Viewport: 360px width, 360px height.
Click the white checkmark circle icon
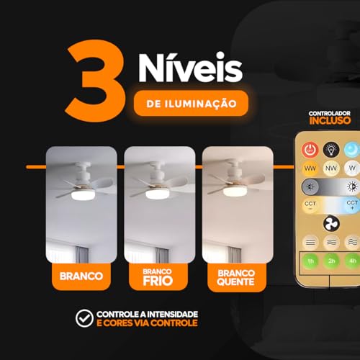click(x=86, y=318)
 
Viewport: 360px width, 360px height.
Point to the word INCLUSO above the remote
click(x=330, y=120)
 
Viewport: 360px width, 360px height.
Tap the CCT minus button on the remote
click(x=311, y=205)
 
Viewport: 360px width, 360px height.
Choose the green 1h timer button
click(x=311, y=260)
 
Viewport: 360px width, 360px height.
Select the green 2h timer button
click(x=332, y=260)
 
